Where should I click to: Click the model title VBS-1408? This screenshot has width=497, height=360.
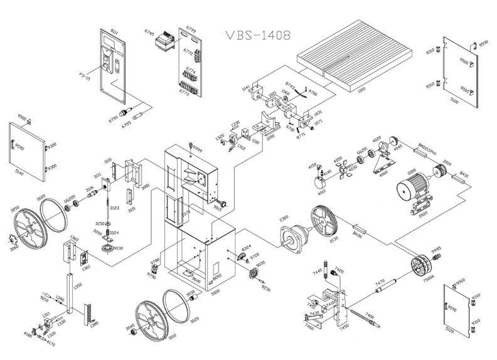[x=257, y=36]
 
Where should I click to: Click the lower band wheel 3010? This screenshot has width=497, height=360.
[x=151, y=319]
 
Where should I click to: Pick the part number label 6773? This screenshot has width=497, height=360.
[x=184, y=93]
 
